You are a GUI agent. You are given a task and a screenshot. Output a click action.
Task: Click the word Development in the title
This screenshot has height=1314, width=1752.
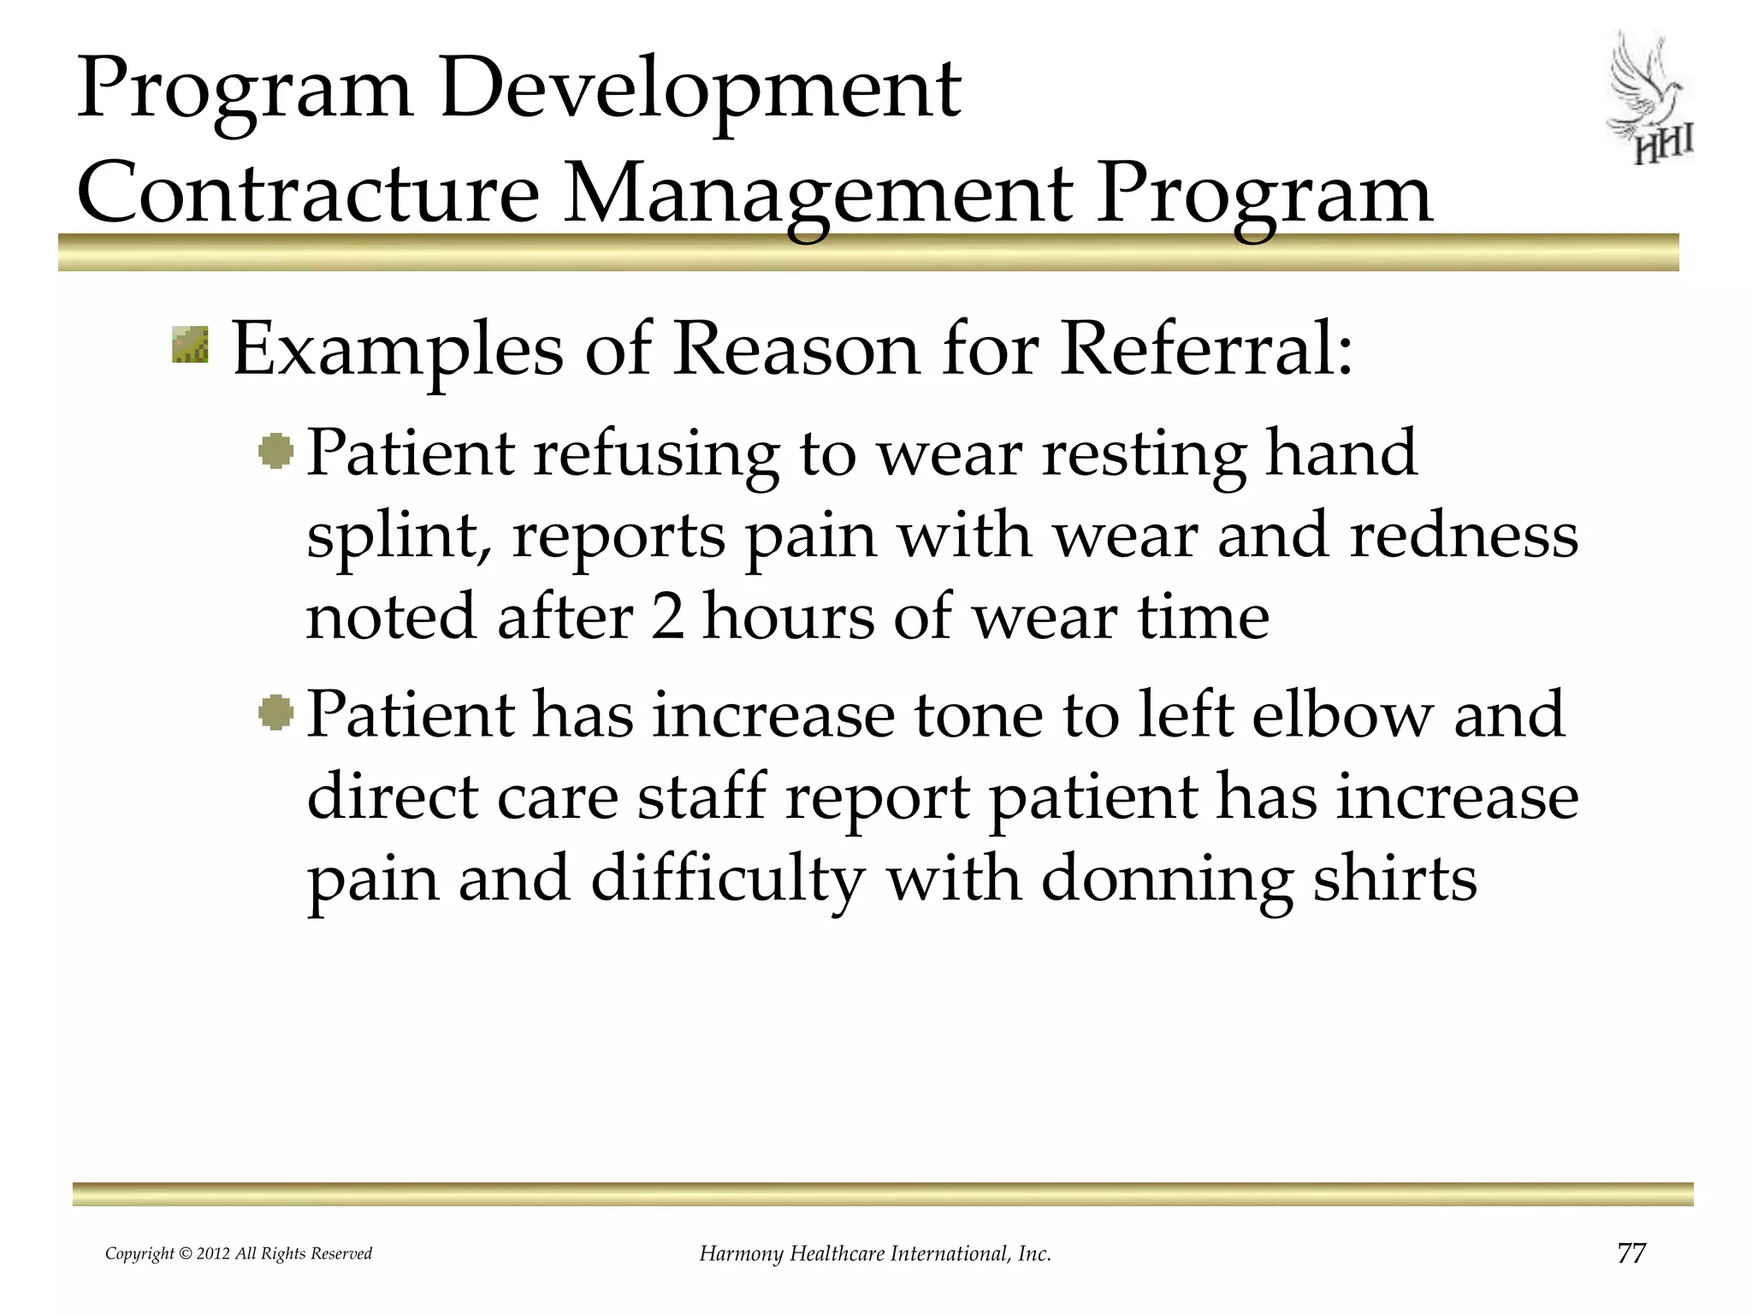coord(700,89)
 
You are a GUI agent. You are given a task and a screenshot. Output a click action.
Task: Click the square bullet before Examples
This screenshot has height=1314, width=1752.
coord(190,344)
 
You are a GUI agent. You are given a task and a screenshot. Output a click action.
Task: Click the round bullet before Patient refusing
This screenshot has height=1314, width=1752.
coord(276,451)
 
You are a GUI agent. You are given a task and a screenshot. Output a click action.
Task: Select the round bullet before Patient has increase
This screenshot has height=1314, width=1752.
coord(276,713)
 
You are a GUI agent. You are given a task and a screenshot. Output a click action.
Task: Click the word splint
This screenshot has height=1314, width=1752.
coord(399,536)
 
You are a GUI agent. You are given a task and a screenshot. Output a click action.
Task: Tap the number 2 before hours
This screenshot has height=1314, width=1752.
coord(667,618)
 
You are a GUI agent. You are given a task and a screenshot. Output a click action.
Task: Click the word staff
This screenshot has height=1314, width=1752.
coord(701,796)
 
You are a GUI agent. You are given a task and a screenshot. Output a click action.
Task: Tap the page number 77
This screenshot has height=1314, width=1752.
coord(1631,1253)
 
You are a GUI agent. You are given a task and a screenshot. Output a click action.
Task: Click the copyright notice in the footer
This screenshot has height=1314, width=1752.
coord(239,1254)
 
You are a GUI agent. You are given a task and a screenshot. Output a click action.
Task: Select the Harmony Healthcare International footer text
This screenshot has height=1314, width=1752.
coord(875,1254)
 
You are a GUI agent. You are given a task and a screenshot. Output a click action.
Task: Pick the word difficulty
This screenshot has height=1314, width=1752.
coord(727,879)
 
